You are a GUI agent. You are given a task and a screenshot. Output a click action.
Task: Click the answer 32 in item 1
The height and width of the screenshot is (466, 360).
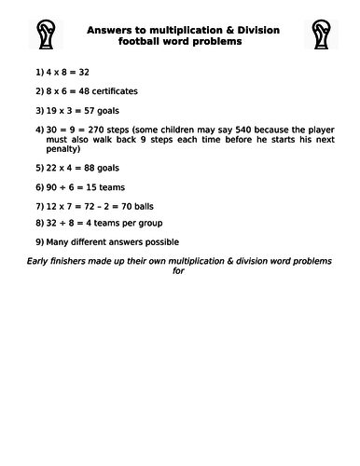[x=83, y=70]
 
